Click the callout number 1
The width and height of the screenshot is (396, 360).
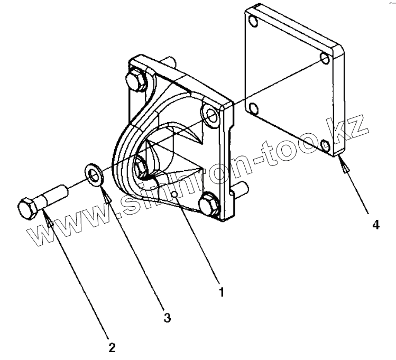(x=222, y=291)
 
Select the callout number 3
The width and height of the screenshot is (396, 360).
(x=167, y=318)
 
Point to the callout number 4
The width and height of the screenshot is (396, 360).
(x=375, y=225)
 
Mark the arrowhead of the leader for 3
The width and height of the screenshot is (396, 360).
(x=108, y=198)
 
